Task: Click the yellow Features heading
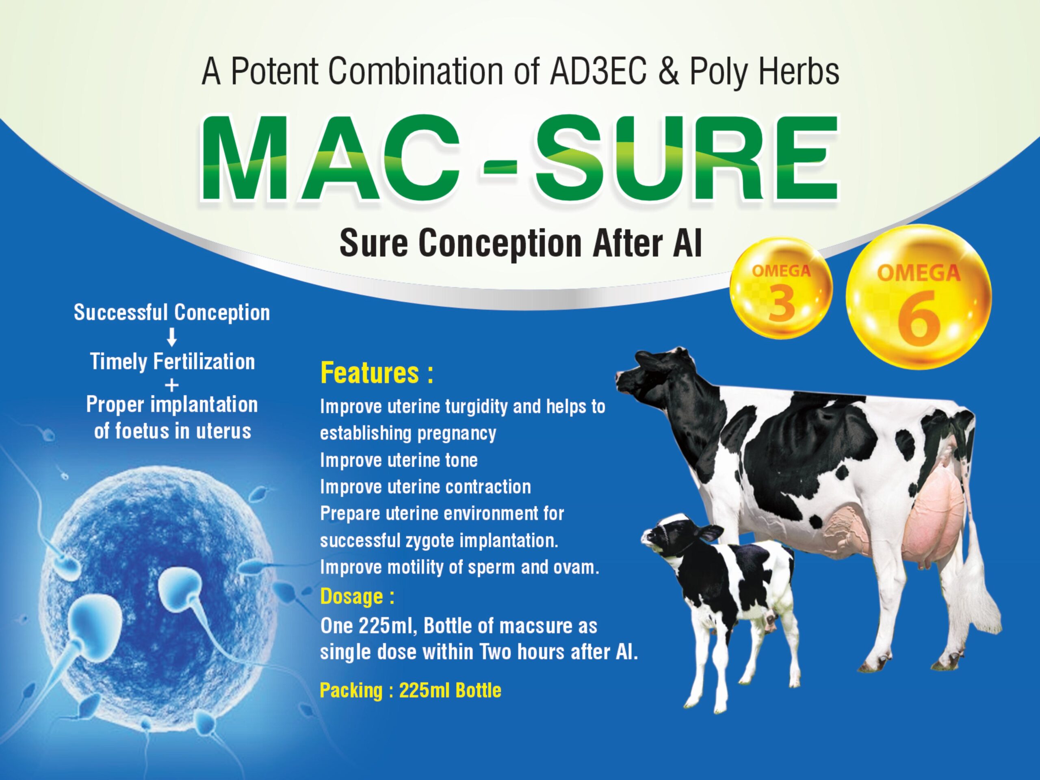(x=377, y=374)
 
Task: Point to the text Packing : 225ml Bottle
(x=410, y=691)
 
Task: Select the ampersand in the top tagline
(x=669, y=71)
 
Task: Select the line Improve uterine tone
(x=399, y=460)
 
